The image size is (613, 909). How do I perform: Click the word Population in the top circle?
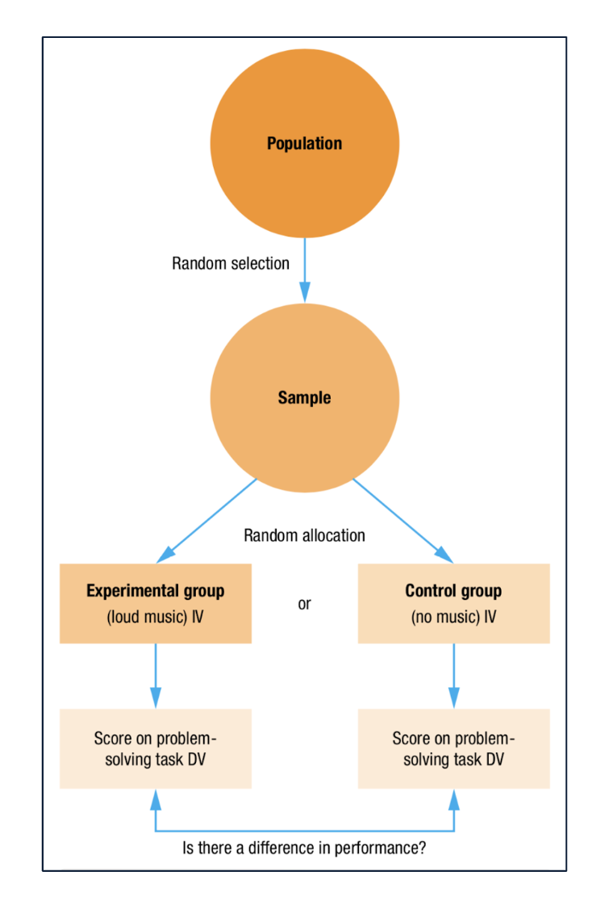click(x=304, y=144)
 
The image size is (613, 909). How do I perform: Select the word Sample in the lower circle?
click(x=304, y=398)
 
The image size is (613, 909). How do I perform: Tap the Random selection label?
click(x=231, y=263)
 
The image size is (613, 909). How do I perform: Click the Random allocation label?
click(x=304, y=535)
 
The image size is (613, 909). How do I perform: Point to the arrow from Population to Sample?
click(x=305, y=270)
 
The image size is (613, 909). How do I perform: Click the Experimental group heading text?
click(x=156, y=591)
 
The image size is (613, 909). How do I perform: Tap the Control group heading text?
click(x=453, y=591)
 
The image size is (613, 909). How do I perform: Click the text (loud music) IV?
click(x=156, y=618)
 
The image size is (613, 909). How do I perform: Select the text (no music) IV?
click(x=453, y=618)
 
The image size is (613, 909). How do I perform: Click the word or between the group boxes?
click(x=304, y=604)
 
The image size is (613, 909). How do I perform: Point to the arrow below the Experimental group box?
click(x=156, y=676)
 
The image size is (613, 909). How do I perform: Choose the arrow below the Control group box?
click(x=454, y=676)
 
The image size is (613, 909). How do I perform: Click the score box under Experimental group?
click(x=156, y=748)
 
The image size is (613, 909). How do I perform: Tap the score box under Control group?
click(x=453, y=748)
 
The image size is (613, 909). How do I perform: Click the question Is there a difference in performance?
click(x=304, y=849)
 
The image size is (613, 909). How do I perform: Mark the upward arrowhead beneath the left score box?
click(x=156, y=800)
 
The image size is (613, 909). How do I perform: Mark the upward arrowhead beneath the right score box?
click(x=454, y=800)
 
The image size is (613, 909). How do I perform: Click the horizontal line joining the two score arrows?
click(x=304, y=831)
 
